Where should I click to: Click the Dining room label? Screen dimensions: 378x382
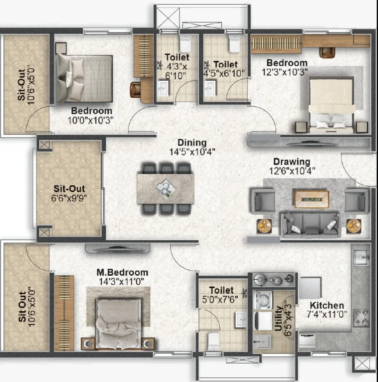point(192,143)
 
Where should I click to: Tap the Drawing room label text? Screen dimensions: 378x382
point(291,161)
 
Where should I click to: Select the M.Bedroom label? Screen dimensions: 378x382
point(122,272)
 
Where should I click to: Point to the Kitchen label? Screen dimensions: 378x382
point(327,305)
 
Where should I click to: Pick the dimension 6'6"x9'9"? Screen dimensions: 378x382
point(69,198)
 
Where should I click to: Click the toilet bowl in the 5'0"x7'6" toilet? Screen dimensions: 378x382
point(214,341)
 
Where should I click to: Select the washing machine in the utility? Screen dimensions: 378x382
point(263,300)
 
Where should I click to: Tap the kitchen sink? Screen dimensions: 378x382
point(361,257)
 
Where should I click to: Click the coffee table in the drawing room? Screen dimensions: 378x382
point(311,199)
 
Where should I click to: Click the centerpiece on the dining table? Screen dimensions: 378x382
point(166,189)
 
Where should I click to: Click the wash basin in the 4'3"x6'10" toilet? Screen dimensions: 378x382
point(163,88)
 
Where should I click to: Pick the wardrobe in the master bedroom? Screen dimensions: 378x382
point(64,313)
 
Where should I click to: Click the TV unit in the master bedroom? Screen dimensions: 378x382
point(118,248)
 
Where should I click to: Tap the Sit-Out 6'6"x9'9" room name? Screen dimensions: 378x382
point(69,189)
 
